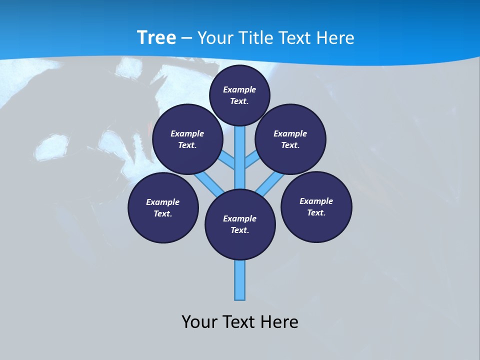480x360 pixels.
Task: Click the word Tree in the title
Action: (x=156, y=37)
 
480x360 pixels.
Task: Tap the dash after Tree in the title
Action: (x=187, y=38)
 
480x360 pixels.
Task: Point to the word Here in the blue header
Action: (x=335, y=38)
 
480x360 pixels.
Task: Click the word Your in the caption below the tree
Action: (x=199, y=321)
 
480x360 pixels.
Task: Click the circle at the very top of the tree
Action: (x=239, y=95)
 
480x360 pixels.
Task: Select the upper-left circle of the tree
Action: (x=187, y=139)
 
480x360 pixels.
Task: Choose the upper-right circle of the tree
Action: (x=290, y=139)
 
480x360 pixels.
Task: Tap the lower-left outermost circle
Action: (x=163, y=207)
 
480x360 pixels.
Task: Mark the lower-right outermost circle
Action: (x=316, y=206)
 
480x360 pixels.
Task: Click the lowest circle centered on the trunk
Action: (x=240, y=224)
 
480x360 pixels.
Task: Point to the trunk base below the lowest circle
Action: (x=240, y=280)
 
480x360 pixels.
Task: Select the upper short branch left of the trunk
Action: (x=228, y=159)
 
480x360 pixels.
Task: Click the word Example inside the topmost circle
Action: (x=239, y=89)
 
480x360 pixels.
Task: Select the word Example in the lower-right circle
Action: (x=316, y=201)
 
